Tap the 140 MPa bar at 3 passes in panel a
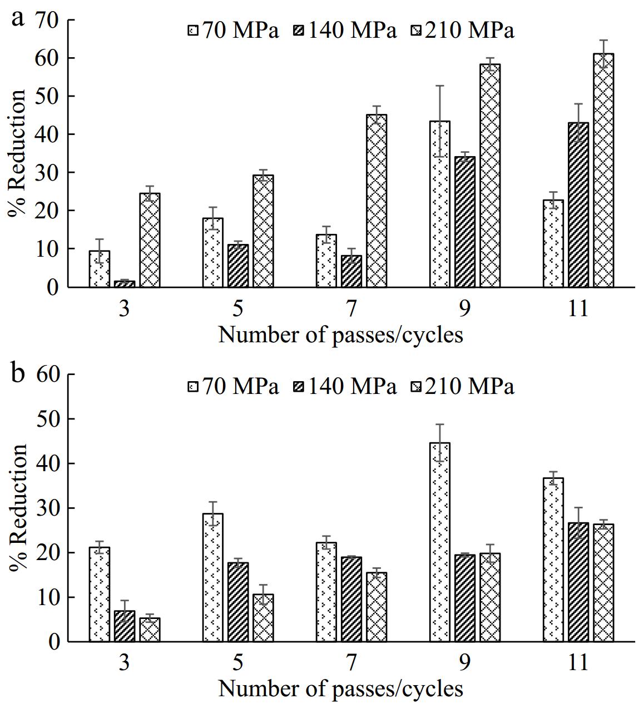[x=125, y=284]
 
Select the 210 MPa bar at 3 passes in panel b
[x=150, y=630]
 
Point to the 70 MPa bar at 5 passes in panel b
[x=213, y=578]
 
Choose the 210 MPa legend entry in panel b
[x=462, y=386]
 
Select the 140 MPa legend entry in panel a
[x=344, y=31]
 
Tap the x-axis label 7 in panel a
[x=351, y=309]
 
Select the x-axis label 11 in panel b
[x=578, y=663]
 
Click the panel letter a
[x=18, y=18]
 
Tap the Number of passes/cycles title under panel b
[x=340, y=689]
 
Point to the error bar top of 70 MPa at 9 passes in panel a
[x=440, y=86]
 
